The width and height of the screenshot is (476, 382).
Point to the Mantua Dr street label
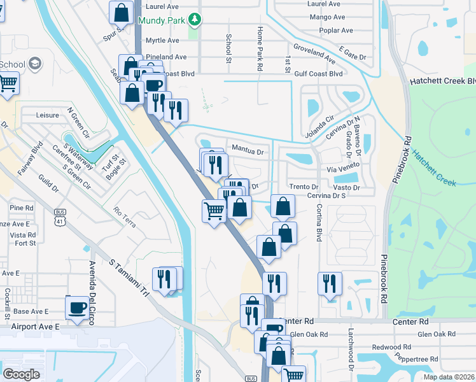click(248, 152)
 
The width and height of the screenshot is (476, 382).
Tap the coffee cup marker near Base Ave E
click(78, 308)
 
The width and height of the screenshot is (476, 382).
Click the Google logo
click(21, 374)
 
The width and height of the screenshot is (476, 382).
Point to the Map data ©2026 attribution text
click(449, 377)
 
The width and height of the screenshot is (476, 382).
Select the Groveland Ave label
click(314, 53)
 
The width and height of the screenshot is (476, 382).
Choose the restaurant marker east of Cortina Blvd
click(330, 283)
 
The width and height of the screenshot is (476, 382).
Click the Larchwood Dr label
click(350, 350)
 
